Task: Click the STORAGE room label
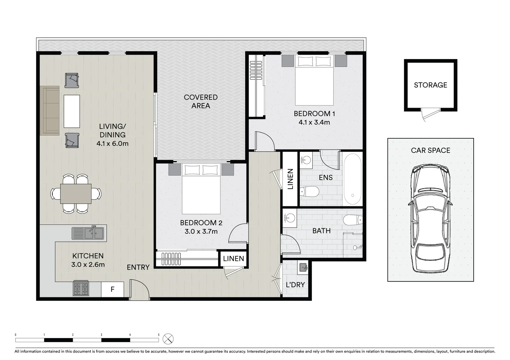[430, 85]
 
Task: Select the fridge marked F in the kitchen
[112, 289]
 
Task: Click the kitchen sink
[89, 233]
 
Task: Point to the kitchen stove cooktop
[81, 289]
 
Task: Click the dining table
[76, 194]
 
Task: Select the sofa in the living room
[50, 111]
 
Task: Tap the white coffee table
[72, 111]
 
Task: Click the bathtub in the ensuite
[352, 179]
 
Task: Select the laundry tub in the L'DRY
[303, 267]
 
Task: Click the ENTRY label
[138, 267]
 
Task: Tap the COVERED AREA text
[201, 101]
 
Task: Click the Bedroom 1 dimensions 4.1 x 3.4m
[314, 122]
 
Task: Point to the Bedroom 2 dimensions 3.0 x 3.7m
[201, 231]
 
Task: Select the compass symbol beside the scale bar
[168, 339]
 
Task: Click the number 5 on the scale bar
[159, 335]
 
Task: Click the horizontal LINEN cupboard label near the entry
[233, 259]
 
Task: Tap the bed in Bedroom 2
[201, 189]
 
